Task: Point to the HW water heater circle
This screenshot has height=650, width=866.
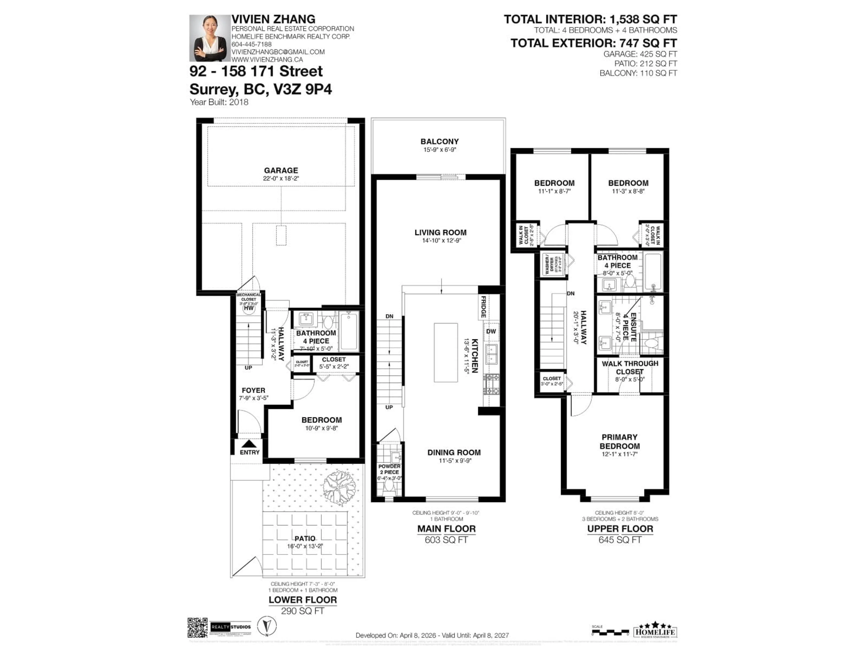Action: click(x=249, y=308)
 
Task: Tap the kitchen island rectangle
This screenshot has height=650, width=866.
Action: click(x=446, y=352)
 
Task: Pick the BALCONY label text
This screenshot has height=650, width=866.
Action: click(x=439, y=142)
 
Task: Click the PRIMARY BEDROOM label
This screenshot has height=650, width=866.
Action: click(x=620, y=441)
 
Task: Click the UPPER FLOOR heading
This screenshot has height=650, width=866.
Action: click(x=620, y=529)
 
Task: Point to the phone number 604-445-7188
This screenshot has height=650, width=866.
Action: click(x=251, y=44)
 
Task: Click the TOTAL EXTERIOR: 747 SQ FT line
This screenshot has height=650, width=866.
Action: click(x=594, y=43)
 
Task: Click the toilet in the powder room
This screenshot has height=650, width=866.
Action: click(x=389, y=486)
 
